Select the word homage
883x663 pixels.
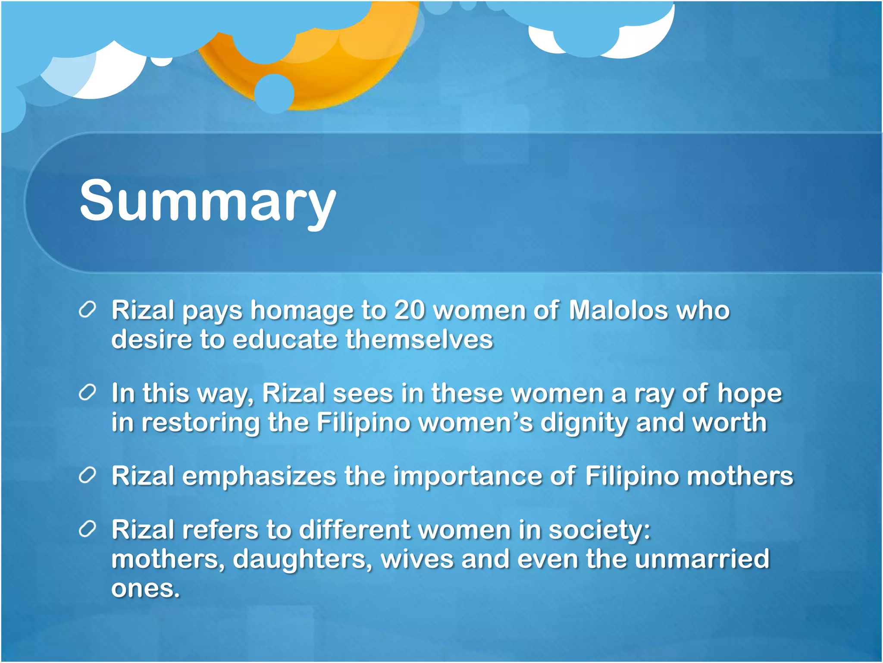click(x=301, y=311)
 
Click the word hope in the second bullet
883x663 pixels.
click(x=749, y=394)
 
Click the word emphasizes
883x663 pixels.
click(x=259, y=477)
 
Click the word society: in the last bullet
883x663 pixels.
click(x=599, y=530)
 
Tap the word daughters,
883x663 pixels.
click(x=302, y=559)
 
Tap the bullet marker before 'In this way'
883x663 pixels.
click(x=87, y=393)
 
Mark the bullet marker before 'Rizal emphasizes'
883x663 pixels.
click(x=87, y=476)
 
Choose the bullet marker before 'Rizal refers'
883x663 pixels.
click(x=87, y=530)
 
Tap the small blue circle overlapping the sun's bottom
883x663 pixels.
click(x=274, y=93)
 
